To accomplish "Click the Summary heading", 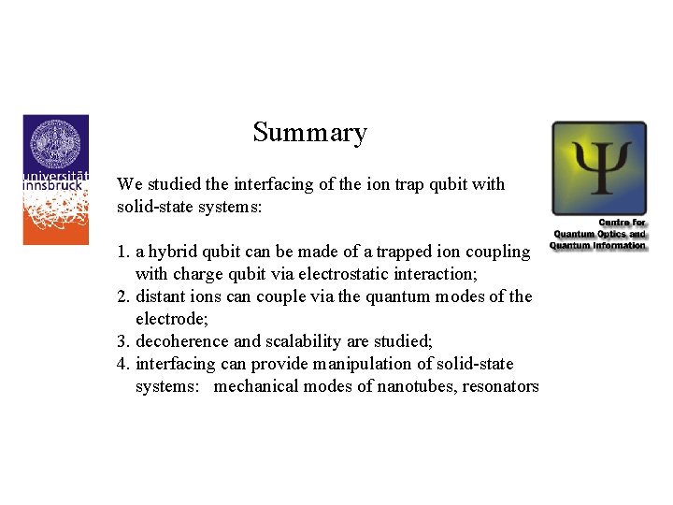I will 309,133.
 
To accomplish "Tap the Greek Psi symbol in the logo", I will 598,168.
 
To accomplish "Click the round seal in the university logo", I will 55,144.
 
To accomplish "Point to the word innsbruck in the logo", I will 55,185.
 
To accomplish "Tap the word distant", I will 161,296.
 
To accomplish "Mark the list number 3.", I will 122,341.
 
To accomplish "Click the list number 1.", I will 122,252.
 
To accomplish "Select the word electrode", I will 167,319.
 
